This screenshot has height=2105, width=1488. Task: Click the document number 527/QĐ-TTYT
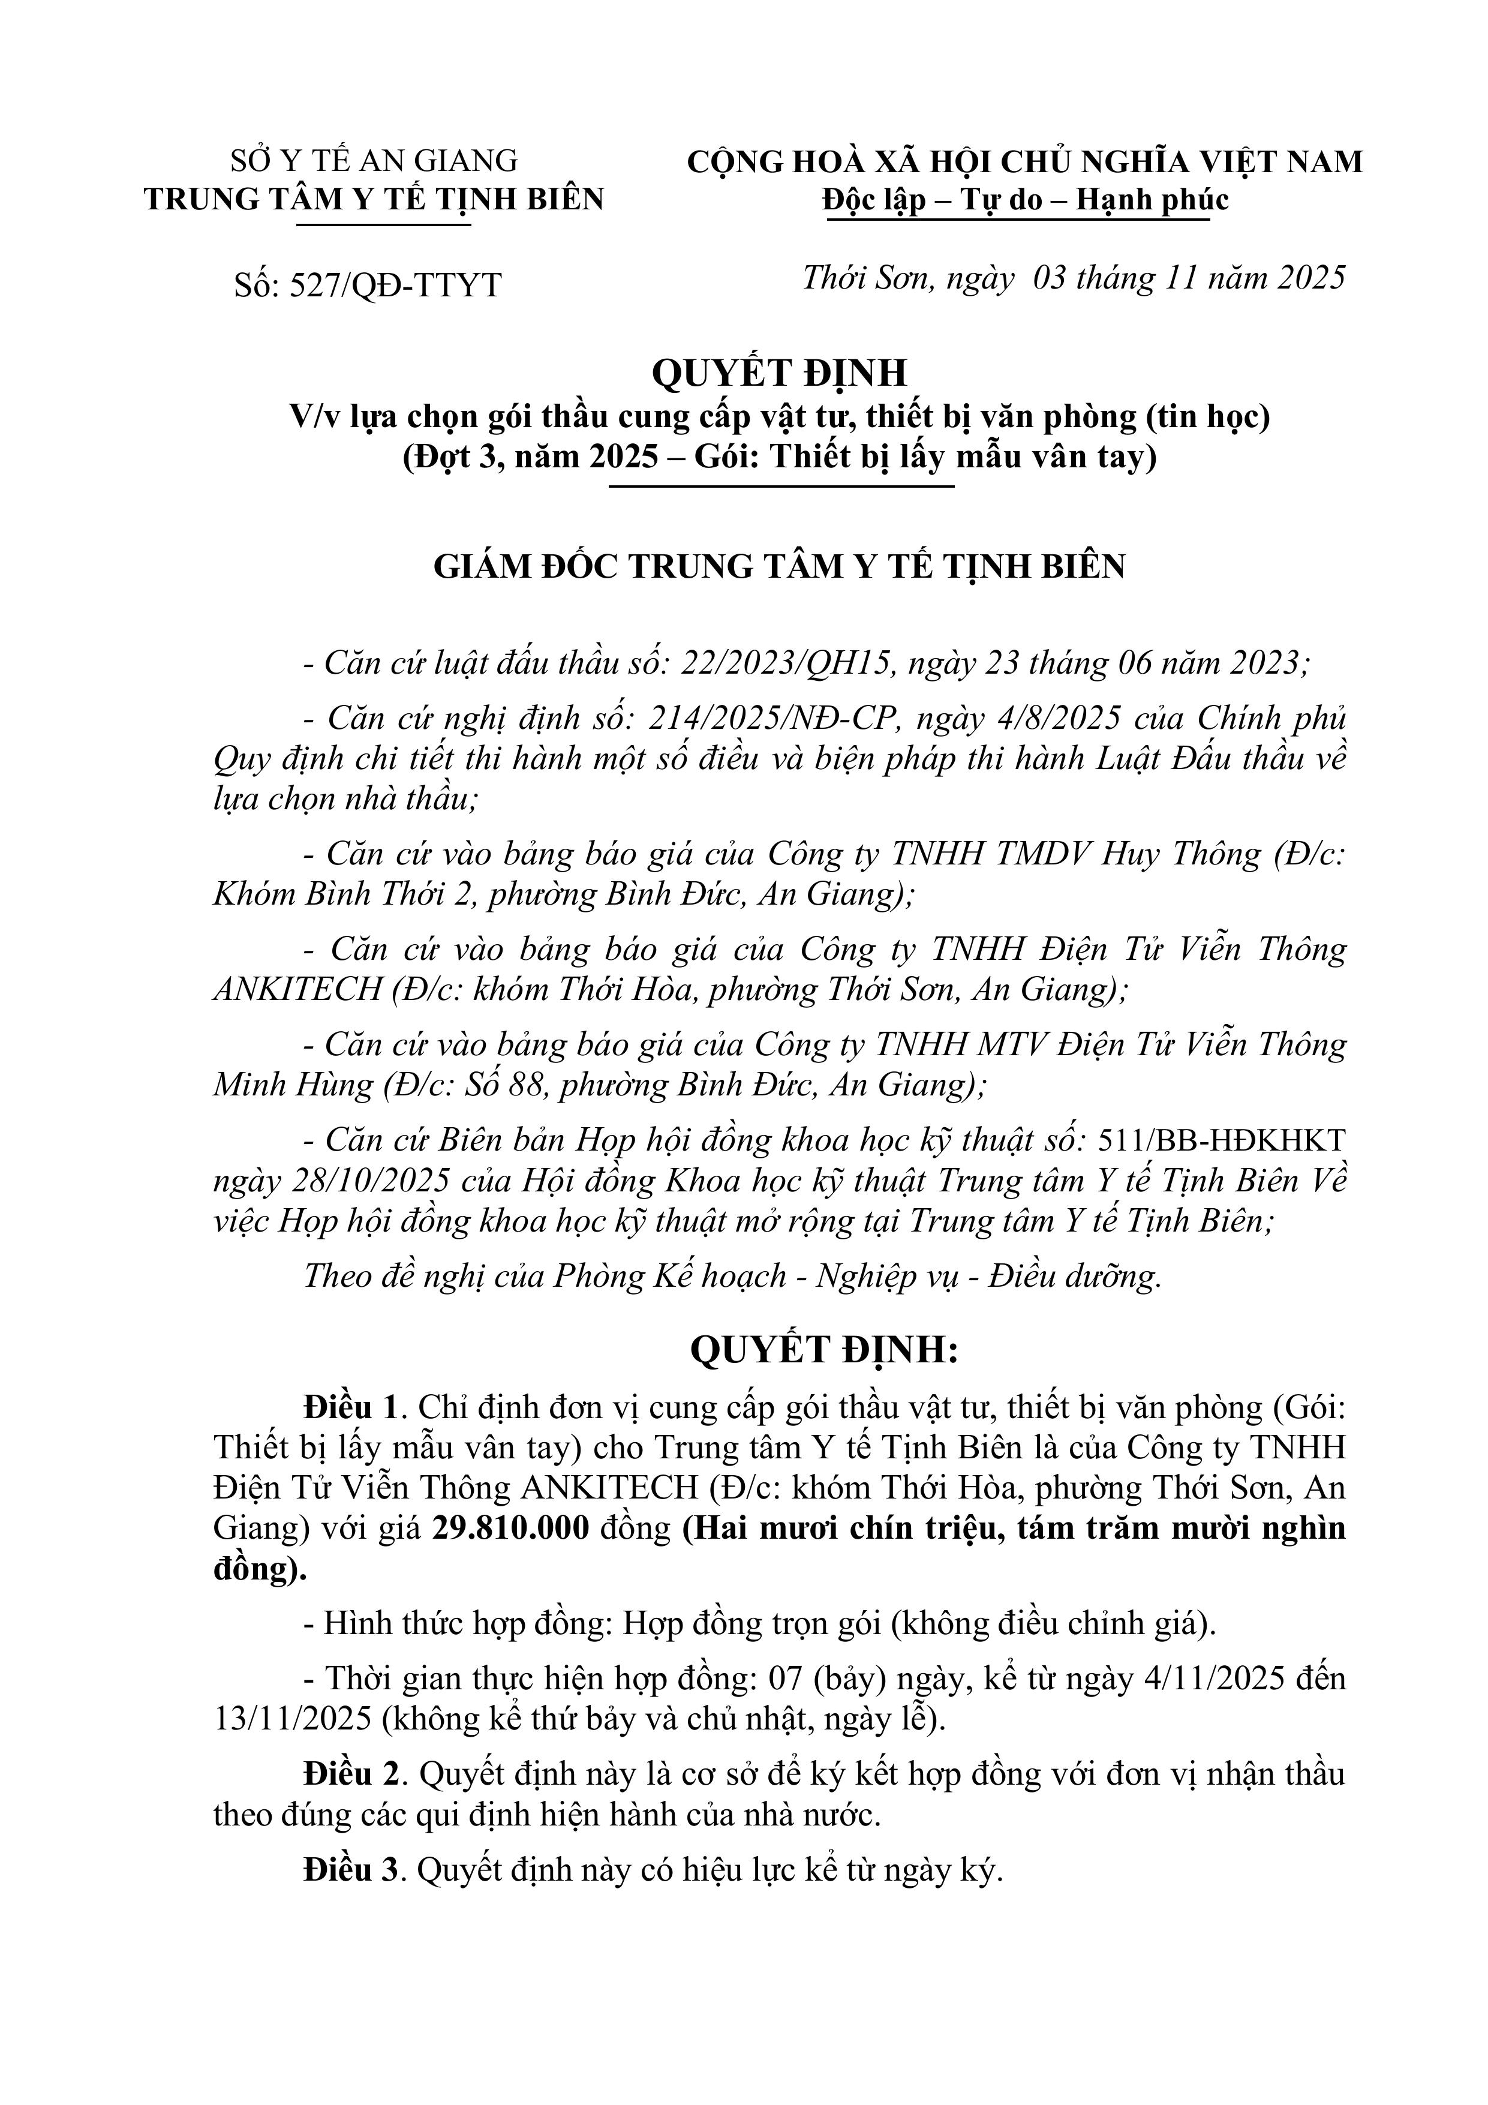[395, 285]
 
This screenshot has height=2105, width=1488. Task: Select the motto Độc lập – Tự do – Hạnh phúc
[1025, 200]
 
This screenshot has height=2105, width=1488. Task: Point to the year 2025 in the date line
[1304, 277]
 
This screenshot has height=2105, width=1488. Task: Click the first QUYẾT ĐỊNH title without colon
[779, 372]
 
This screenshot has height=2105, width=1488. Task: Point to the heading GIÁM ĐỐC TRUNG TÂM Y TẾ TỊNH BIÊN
[779, 566]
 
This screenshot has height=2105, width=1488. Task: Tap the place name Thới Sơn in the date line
[868, 277]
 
